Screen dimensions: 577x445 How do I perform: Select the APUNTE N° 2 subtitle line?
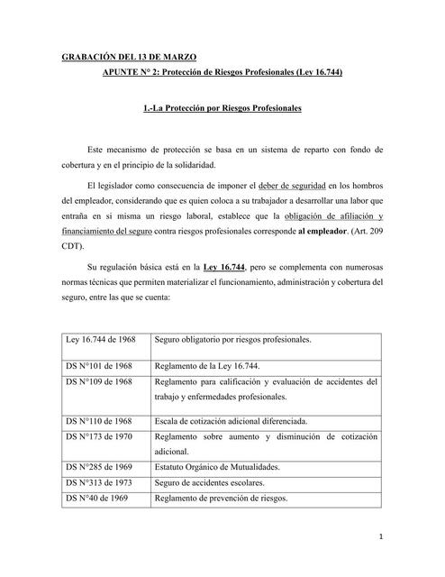222,71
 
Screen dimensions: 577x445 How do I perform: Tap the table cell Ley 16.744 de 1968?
100,340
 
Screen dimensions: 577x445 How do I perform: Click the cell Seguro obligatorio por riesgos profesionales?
233,340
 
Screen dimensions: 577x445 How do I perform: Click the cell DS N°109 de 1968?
98,381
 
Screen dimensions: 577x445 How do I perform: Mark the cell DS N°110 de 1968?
98,421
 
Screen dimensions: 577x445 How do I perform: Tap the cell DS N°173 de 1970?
98,436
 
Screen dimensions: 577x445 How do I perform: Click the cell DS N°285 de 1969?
98,467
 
